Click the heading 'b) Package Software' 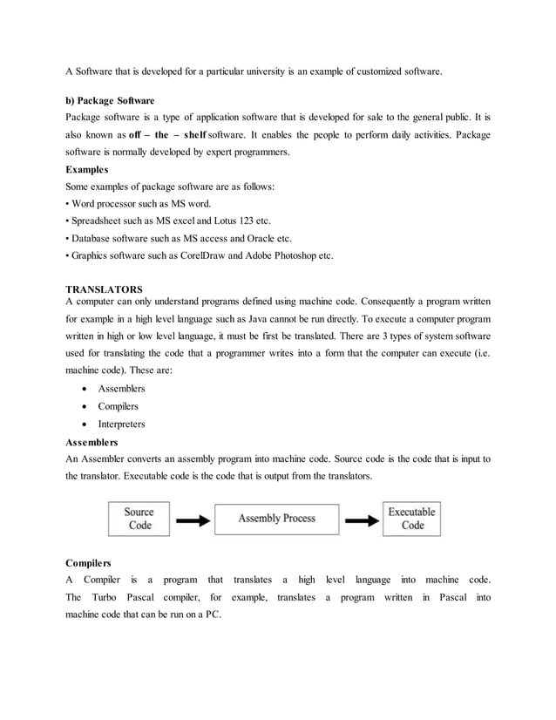pos(110,100)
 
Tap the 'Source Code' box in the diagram pos(139,519)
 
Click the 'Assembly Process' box pos(277,519)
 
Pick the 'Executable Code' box pos(411,519)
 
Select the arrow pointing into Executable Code pos(362,520)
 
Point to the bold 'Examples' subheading pos(88,169)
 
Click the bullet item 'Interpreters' pos(121,425)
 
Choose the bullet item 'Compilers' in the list pos(119,406)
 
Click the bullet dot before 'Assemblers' pos(84,389)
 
